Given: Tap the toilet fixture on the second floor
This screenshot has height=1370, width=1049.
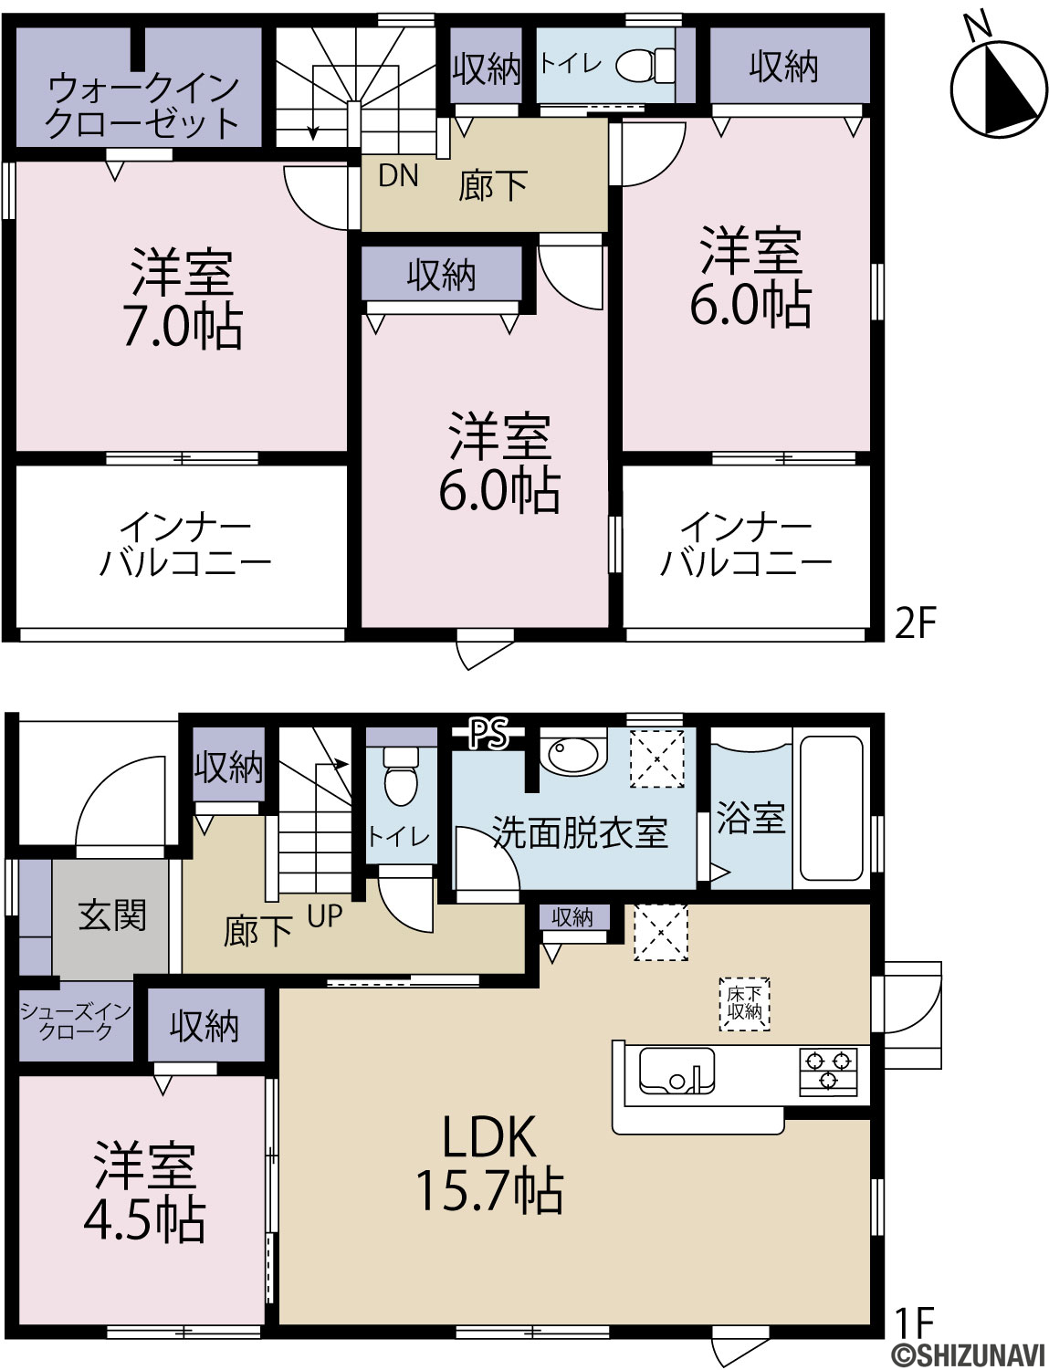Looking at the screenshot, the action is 645,64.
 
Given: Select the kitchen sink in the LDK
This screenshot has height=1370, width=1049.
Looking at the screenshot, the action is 677,1072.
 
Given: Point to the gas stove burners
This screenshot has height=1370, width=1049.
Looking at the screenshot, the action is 828,1071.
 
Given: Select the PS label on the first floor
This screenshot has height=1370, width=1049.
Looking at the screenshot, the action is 488,733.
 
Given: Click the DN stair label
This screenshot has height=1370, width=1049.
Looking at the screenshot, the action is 398,176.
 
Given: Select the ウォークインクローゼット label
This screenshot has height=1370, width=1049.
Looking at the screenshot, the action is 142,105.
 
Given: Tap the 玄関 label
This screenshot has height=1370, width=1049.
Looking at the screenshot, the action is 112,915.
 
